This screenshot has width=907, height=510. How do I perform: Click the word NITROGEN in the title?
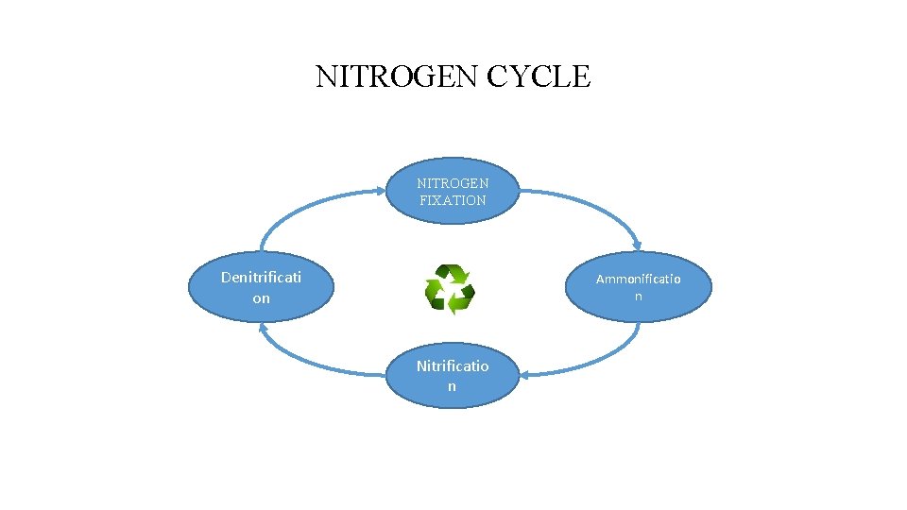tap(397, 76)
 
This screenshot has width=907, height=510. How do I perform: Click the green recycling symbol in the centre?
tap(450, 289)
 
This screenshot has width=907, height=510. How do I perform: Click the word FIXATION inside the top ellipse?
tap(453, 200)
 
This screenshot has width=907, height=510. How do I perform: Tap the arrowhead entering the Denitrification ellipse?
tap(262, 327)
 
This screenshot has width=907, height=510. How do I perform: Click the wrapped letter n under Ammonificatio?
tap(638, 297)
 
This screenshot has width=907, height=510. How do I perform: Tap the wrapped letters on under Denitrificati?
tap(261, 298)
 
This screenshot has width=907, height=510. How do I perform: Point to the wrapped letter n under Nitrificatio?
tap(452, 386)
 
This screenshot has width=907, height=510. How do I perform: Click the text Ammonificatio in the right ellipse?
tap(638, 280)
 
